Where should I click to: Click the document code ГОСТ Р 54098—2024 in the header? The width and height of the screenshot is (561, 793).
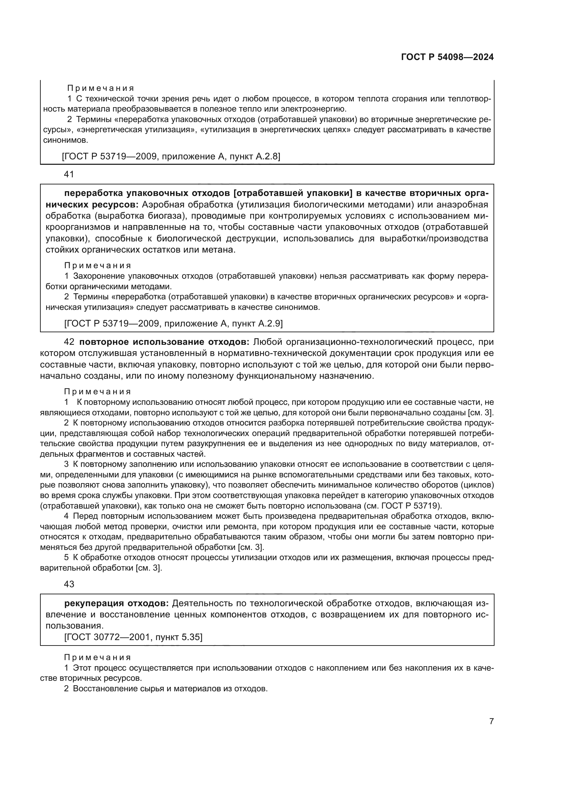pyautogui.click(x=447, y=57)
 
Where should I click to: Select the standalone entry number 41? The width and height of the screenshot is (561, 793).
pyautogui.click(x=69, y=174)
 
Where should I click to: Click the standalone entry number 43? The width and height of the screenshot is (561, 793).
pyautogui.click(x=69, y=584)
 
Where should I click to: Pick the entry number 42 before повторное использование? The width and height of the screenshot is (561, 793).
pyautogui.click(x=69, y=342)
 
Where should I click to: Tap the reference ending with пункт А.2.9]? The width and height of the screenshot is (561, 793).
pyautogui.click(x=173, y=324)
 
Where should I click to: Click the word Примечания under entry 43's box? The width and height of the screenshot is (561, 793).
pyautogui.click(x=98, y=657)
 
